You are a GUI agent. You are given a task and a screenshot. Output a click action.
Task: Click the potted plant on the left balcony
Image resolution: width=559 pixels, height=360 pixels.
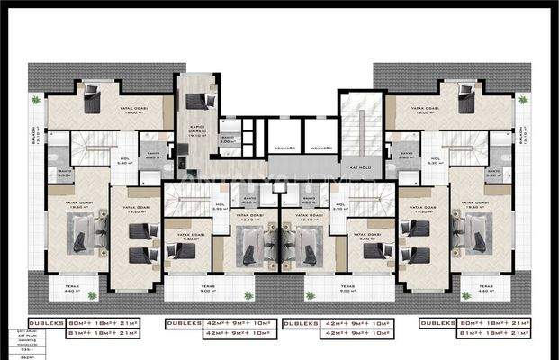pyautogui.click(x=35, y=99)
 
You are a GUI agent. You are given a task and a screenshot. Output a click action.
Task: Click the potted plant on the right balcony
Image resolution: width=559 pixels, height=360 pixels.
pyautogui.click(x=524, y=99)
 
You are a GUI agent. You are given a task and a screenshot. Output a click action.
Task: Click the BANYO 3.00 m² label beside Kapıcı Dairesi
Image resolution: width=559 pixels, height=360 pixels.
pyautogui.click(x=229, y=140)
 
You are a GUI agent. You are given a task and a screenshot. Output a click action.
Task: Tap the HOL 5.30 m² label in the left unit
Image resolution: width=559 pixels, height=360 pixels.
pyautogui.click(x=124, y=162)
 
